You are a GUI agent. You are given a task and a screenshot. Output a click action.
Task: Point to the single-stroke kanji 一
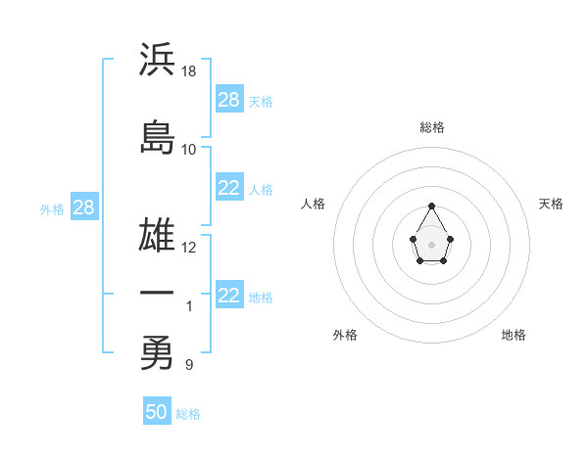coord(157,294)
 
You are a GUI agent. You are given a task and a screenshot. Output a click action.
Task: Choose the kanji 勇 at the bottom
coord(157,352)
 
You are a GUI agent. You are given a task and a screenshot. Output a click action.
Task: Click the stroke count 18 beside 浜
coord(189,71)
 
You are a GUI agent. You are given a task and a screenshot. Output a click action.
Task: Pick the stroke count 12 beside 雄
coord(189,247)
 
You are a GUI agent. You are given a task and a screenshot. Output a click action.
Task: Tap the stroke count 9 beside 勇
coord(188,365)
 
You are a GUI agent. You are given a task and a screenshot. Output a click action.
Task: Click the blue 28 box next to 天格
coord(228,100)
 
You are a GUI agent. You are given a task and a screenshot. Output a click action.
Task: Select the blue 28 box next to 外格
coord(83,208)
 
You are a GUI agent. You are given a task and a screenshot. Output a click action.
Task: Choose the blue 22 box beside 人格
coord(228,189)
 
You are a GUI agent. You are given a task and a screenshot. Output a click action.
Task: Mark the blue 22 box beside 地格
coord(228,297)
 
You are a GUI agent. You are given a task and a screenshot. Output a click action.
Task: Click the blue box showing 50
coord(156,412)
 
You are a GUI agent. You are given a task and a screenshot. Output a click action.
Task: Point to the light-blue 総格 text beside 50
coord(188,414)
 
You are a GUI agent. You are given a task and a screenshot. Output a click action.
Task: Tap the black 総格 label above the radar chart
coord(432,127)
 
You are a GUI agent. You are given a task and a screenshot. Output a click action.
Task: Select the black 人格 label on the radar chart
coord(313,204)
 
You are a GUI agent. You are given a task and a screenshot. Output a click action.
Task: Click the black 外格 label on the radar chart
coord(345,335)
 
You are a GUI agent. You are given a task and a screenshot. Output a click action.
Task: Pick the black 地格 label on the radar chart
coord(514,335)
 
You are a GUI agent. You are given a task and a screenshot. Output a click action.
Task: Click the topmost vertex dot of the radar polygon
coord(431,206)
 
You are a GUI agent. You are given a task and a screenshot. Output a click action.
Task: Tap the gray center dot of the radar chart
coord(431,243)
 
